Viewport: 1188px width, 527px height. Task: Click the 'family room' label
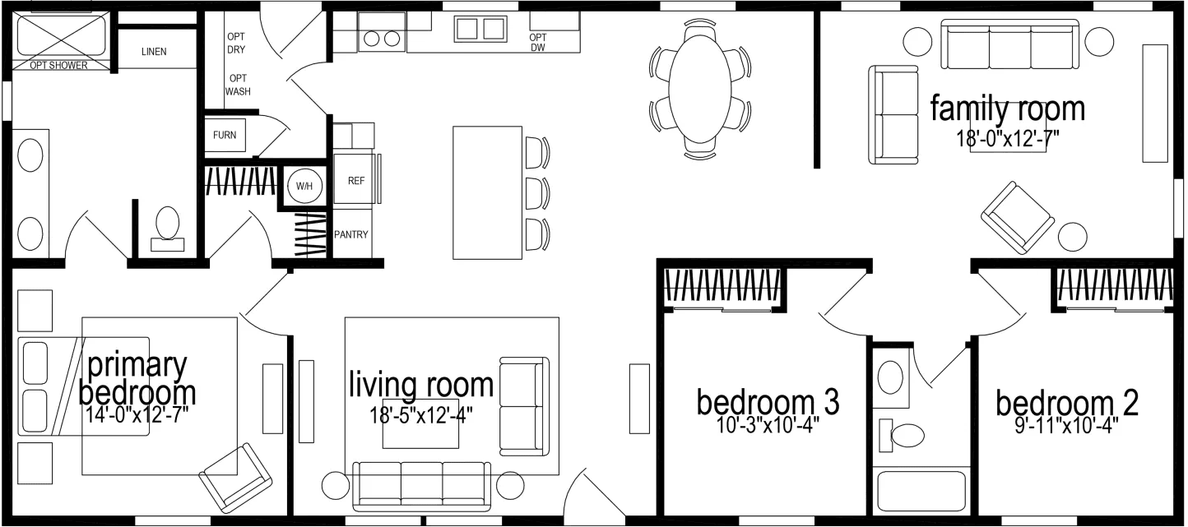click(x=1007, y=108)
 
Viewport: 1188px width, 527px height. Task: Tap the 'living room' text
click(x=421, y=384)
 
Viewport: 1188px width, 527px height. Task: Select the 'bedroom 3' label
click(x=767, y=402)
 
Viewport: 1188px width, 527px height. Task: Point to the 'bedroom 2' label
click(x=1067, y=404)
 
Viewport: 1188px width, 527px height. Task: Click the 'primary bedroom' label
click(x=137, y=378)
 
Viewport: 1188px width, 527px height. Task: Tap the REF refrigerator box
click(x=355, y=180)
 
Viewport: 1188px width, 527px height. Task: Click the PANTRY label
click(x=351, y=234)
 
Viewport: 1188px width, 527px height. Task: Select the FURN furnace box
click(x=225, y=136)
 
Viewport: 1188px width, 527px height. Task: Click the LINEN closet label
click(x=154, y=52)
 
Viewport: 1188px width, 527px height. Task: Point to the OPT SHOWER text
click(x=58, y=66)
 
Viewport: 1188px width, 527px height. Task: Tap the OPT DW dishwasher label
click(x=537, y=43)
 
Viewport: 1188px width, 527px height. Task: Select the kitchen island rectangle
click(x=487, y=192)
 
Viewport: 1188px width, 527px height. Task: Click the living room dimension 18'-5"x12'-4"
click(x=421, y=415)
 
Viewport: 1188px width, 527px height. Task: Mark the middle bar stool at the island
click(x=536, y=192)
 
